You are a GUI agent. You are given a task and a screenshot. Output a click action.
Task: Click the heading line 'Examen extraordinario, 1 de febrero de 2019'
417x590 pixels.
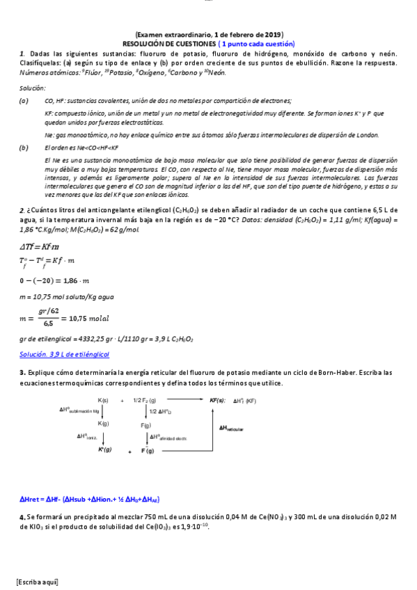(209, 35)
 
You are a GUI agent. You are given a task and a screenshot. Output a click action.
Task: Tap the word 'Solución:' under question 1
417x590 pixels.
(33, 88)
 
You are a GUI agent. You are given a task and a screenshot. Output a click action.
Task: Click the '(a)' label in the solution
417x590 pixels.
(24, 101)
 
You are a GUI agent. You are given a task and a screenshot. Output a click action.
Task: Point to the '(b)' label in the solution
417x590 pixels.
(24, 147)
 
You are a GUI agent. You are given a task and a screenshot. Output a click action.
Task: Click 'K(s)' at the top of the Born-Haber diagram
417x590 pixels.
(103, 400)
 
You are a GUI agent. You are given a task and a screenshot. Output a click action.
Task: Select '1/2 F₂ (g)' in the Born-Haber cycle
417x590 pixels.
(145, 400)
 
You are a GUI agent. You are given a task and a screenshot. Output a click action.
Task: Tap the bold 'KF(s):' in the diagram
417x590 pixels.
(218, 400)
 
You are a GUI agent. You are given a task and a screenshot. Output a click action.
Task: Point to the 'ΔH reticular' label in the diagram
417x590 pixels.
(231, 429)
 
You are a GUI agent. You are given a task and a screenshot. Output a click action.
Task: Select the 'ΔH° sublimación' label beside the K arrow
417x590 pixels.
(80, 411)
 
